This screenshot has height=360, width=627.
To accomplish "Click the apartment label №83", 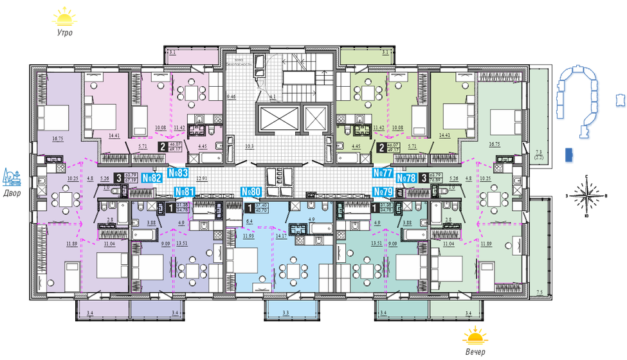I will (177, 173).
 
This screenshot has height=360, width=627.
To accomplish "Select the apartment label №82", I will (151, 178).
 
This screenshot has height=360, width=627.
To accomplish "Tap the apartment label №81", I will (185, 192).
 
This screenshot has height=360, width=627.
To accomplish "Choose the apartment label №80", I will (250, 192).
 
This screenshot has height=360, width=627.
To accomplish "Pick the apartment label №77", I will (383, 173).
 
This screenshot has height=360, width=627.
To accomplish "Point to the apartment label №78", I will (406, 178).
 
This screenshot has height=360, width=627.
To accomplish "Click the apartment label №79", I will (383, 192).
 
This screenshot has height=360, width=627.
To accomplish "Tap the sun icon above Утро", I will (64, 15).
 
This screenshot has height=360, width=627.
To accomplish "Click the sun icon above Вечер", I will (475, 336).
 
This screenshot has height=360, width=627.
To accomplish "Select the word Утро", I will (64, 32).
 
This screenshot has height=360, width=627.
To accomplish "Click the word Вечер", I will (475, 352).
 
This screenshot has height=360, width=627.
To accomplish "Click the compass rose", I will (586, 196).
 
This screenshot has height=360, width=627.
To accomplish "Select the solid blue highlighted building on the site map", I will (568, 154).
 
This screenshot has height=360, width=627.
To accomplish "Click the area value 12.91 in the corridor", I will (203, 178).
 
